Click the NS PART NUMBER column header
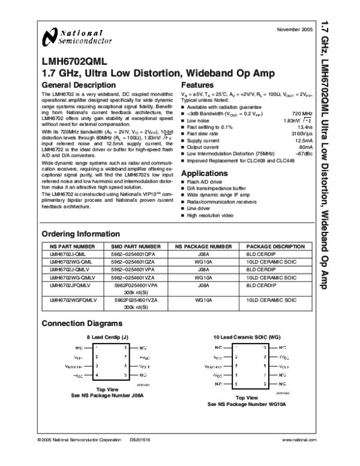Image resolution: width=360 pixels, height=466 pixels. pos(72,247)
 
